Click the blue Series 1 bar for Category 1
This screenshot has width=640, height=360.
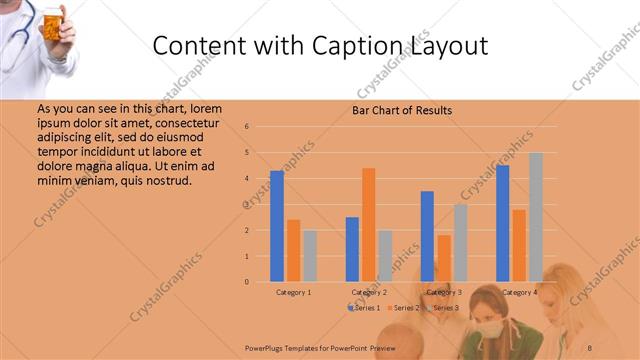[277, 226]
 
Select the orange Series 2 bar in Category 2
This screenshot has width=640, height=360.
[368, 224]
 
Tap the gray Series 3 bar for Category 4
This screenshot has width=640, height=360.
[535, 216]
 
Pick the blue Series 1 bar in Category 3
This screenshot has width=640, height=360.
[427, 236]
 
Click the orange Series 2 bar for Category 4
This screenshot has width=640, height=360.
[519, 245]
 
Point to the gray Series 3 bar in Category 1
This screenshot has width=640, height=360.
[309, 255]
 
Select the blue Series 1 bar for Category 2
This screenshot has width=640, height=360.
[352, 249]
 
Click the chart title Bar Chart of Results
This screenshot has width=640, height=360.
[402, 110]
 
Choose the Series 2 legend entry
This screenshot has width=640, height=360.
[402, 307]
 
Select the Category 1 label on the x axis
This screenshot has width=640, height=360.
[293, 292]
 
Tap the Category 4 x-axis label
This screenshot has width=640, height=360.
[518, 292]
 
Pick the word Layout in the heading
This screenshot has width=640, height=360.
[447, 46]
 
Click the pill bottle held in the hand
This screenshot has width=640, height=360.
[51, 21]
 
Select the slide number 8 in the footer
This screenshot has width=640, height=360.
[589, 346]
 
